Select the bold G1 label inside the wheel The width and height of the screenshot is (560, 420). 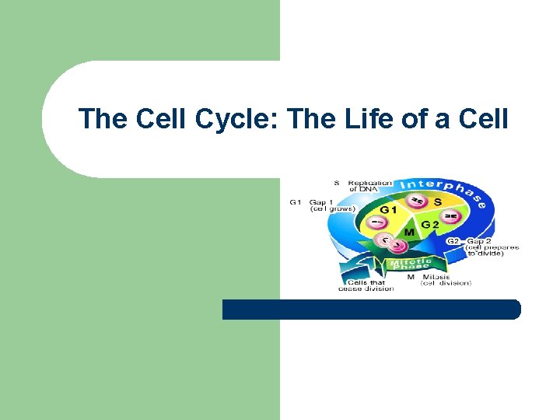click(389, 209)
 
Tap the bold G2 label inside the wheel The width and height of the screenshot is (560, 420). click(430, 225)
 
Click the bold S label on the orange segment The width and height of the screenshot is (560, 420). click(437, 202)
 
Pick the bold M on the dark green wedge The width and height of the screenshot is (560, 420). click(408, 232)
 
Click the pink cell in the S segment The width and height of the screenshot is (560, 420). click(418, 201)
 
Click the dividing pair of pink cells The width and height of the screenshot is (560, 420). click(390, 243)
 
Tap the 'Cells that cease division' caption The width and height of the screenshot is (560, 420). click(366, 285)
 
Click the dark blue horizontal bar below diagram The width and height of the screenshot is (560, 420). click(371, 310)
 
